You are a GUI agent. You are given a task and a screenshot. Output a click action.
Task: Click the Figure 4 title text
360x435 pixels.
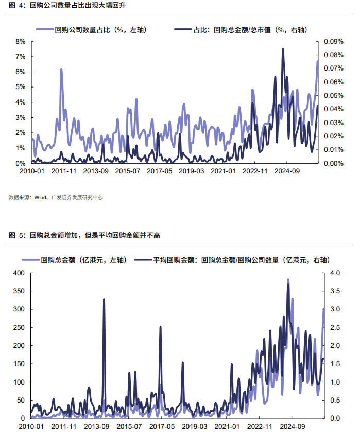(x=67, y=5)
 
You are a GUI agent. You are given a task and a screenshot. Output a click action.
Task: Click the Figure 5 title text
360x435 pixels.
(x=84, y=235)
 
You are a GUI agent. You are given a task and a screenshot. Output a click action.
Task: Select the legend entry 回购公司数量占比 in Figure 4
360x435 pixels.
(x=91, y=30)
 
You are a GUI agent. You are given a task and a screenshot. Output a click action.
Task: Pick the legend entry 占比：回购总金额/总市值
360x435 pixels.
(x=241, y=30)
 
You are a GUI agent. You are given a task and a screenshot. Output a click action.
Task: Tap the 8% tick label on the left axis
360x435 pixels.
(x=20, y=41)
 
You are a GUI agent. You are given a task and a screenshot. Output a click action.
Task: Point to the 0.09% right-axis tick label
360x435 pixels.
(x=334, y=41)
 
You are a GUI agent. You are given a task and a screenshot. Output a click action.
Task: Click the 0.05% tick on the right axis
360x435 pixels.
(x=334, y=95)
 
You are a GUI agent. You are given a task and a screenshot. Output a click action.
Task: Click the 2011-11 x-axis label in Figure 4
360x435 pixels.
(x=64, y=171)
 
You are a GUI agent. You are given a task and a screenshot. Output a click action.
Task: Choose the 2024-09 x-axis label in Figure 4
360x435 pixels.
(x=287, y=171)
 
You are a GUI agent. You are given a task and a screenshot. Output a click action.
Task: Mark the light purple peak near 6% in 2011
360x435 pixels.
(x=61, y=69)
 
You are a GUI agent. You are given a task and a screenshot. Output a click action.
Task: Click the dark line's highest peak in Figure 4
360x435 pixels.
(x=283, y=49)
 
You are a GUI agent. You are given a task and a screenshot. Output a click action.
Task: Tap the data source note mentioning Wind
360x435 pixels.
(x=56, y=197)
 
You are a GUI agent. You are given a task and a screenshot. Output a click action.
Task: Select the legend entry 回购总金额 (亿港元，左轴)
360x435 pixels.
(x=75, y=260)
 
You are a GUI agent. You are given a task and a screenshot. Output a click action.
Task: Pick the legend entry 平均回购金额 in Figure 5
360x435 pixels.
(x=232, y=260)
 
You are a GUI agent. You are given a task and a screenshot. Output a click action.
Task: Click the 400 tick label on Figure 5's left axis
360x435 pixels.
(x=19, y=273)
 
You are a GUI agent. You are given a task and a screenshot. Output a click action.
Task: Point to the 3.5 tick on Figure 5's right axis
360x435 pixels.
(x=335, y=291)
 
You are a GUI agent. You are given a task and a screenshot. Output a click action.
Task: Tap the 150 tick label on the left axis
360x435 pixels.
(x=19, y=364)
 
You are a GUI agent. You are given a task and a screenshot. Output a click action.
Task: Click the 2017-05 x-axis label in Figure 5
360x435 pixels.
(x=162, y=426)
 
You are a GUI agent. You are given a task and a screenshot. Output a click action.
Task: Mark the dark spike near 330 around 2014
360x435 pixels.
(x=104, y=299)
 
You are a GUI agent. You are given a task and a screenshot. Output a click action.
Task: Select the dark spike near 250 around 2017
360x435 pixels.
(x=161, y=327)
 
